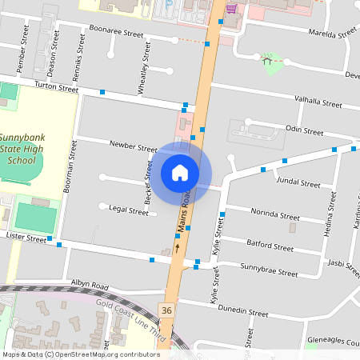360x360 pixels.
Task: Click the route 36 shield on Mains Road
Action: tap(166, 310)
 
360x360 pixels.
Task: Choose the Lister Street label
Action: tap(26, 238)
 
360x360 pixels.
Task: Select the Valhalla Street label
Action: tap(318, 102)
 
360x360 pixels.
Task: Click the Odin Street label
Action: tap(304, 130)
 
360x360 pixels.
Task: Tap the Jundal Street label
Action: tap(298, 182)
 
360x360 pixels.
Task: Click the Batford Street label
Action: tap(270, 246)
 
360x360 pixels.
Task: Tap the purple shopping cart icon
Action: tap(232, 9)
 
